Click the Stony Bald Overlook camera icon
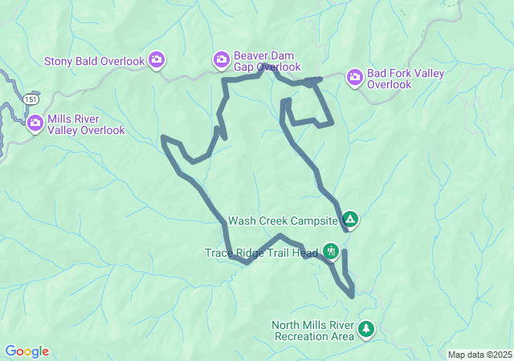tap(157, 60)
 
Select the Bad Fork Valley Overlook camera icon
tap(354, 77)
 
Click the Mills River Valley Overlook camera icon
tap(35, 123)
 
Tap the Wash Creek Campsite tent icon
tap(349, 219)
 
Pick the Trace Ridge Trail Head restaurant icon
tap(331, 251)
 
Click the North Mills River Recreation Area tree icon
tap(366, 329)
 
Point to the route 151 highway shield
tap(30, 98)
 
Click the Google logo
tap(27, 351)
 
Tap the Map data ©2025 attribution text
tap(479, 355)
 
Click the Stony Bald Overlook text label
tap(94, 61)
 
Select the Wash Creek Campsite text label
tap(282, 220)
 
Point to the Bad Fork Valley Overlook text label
tap(406, 79)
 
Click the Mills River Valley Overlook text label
tap(86, 124)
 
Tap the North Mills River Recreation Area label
tap(313, 331)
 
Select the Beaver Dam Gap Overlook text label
tap(267, 61)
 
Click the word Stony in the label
tap(59, 61)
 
